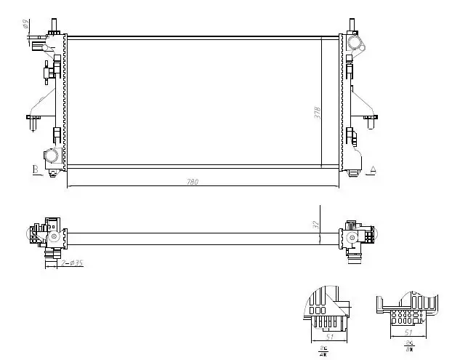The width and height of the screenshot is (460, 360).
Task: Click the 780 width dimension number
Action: coord(193,182)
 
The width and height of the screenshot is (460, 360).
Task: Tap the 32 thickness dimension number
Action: coord(318,225)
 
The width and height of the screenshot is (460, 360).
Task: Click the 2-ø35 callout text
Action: coord(72,263)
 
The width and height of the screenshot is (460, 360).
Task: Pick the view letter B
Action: coord(34,169)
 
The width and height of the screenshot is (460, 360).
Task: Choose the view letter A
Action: coord(373,169)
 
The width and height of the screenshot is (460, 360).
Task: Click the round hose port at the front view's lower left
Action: coord(52,155)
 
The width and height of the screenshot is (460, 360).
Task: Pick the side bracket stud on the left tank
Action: coord(33,120)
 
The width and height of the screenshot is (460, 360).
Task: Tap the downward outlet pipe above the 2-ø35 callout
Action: coord(52,254)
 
